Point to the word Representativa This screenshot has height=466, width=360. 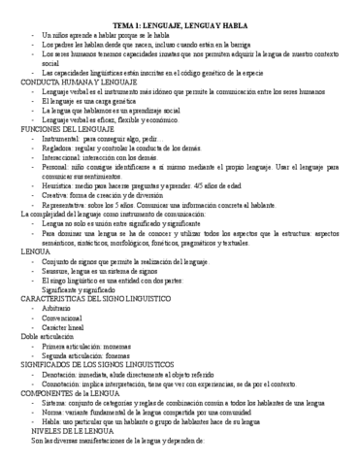tap(64, 206)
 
